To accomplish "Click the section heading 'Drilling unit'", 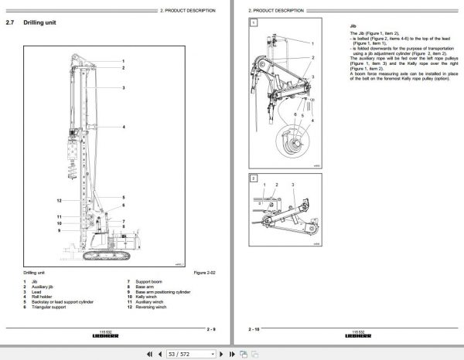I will coord(39,24).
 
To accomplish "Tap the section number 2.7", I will coord(9,24).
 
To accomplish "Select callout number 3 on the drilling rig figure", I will coord(123,88).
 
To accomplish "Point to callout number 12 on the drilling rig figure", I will coord(59,200).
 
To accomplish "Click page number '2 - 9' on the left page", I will coord(210,329).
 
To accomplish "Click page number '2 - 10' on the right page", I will coord(254,329).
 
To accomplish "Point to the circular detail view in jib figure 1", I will coord(292,142).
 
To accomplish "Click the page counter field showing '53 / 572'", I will coord(190,354).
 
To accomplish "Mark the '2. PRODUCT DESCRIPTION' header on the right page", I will coord(275,9).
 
